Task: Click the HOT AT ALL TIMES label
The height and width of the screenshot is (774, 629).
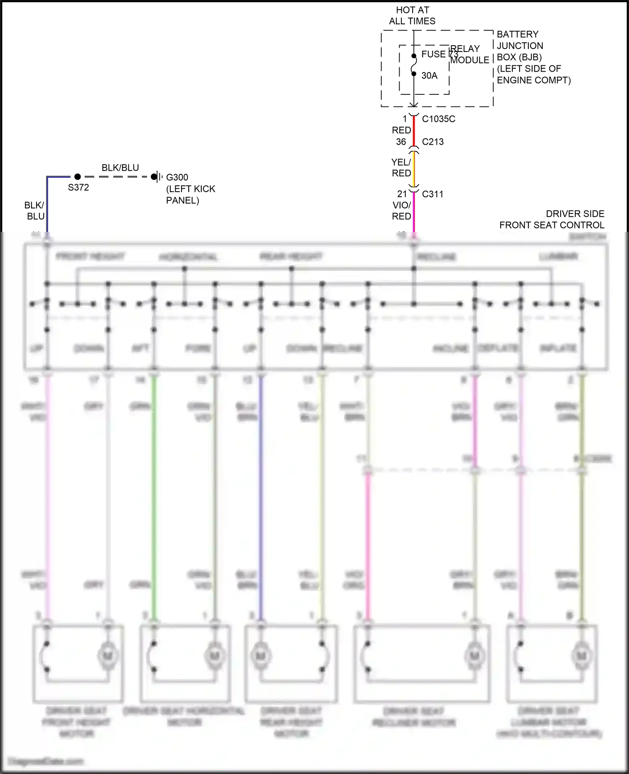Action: (x=412, y=16)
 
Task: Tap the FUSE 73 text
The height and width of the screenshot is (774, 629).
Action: (x=439, y=55)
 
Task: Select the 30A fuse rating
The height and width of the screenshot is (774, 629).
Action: (x=429, y=75)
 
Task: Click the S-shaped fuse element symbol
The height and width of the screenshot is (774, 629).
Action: (x=414, y=65)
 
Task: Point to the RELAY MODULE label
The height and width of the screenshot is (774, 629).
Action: (x=469, y=55)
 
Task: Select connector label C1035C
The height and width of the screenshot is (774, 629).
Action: (x=439, y=119)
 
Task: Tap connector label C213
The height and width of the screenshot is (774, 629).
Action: (x=433, y=142)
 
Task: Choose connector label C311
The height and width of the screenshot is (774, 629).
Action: (x=433, y=194)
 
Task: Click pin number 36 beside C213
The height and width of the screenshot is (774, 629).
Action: (x=401, y=142)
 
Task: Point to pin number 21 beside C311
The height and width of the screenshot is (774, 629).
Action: (x=402, y=194)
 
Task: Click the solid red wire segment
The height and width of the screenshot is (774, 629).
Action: (x=414, y=131)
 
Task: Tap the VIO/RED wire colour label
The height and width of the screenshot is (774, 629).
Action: (x=401, y=211)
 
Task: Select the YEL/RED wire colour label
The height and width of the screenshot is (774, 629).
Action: (x=401, y=168)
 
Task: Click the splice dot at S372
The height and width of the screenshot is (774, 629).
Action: (x=78, y=177)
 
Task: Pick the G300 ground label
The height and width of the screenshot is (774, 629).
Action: (x=177, y=177)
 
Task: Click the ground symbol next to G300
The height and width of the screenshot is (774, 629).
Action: (x=158, y=177)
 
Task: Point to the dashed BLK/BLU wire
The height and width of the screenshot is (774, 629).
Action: (x=117, y=177)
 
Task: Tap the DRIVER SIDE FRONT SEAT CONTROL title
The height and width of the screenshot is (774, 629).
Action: (x=552, y=219)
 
